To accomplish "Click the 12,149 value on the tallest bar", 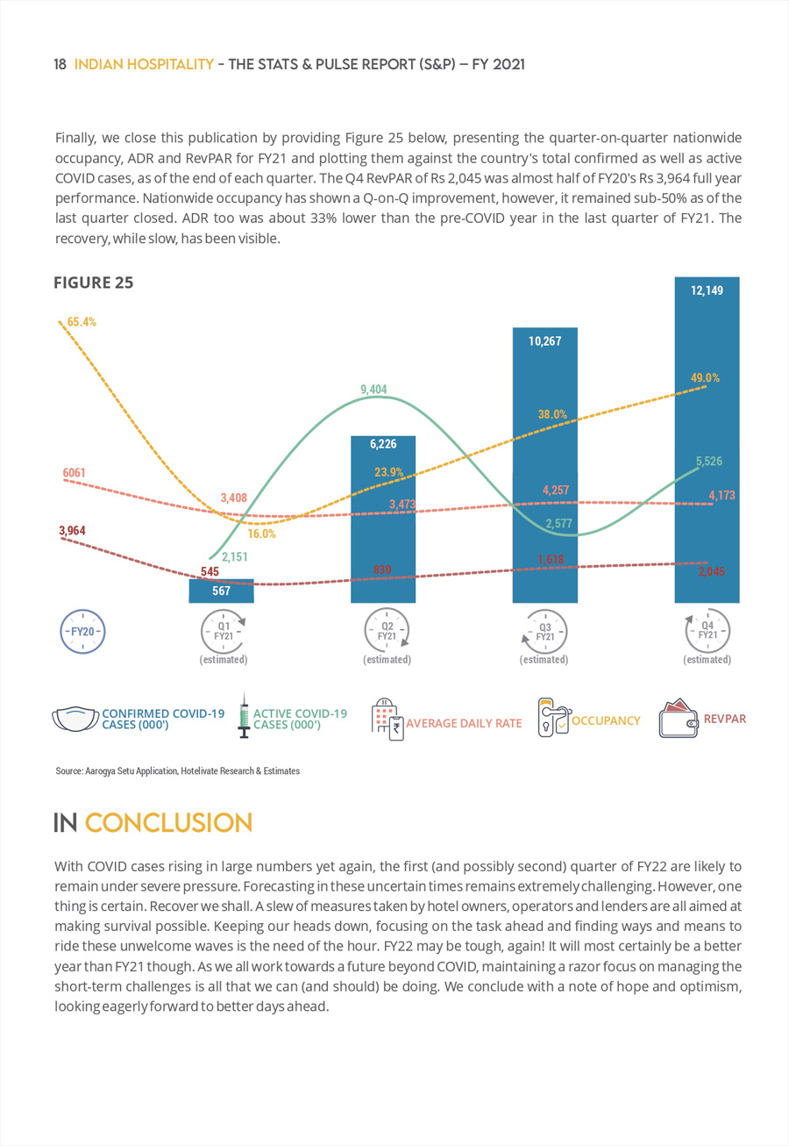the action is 707,290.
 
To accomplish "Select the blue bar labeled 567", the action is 221,591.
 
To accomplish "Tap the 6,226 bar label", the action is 383,444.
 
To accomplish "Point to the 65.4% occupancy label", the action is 82,322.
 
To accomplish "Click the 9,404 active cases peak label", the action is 373,390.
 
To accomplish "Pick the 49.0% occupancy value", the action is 705,378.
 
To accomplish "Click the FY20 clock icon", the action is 82,631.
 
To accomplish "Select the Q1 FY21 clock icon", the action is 224,631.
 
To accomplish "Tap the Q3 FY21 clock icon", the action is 544,631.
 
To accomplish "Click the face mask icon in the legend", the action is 75,719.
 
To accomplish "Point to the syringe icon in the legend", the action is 245,715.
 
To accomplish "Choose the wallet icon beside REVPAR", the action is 679,718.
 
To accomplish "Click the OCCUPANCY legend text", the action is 606,720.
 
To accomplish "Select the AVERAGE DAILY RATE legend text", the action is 464,723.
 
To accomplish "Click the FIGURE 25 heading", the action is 94,283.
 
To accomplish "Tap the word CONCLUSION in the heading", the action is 168,823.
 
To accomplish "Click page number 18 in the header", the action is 60,64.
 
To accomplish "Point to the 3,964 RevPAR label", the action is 72,531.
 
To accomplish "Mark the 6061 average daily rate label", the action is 75,473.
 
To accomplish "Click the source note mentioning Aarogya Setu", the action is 178,771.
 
